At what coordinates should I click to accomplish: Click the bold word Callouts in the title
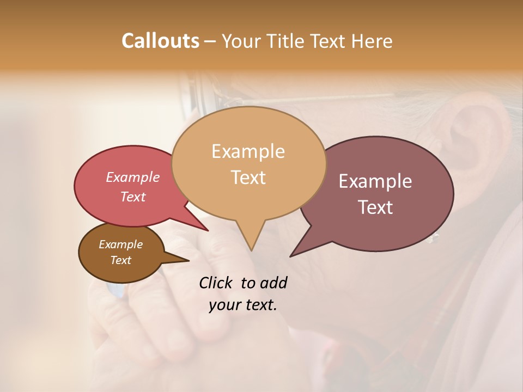point(160,41)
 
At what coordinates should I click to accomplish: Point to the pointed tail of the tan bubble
point(251,249)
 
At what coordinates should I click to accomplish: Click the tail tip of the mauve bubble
point(291,255)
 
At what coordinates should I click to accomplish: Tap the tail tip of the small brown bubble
point(188,260)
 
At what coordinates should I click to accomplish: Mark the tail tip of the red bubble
point(207,230)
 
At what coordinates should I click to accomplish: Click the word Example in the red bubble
point(133,177)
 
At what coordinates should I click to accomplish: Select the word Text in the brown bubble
point(121,260)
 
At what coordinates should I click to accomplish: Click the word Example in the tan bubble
point(248,151)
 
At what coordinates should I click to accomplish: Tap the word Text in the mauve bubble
point(375,207)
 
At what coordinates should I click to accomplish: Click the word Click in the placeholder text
point(217,283)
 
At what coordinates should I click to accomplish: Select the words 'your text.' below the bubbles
point(243,305)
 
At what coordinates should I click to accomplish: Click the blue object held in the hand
point(116,291)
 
